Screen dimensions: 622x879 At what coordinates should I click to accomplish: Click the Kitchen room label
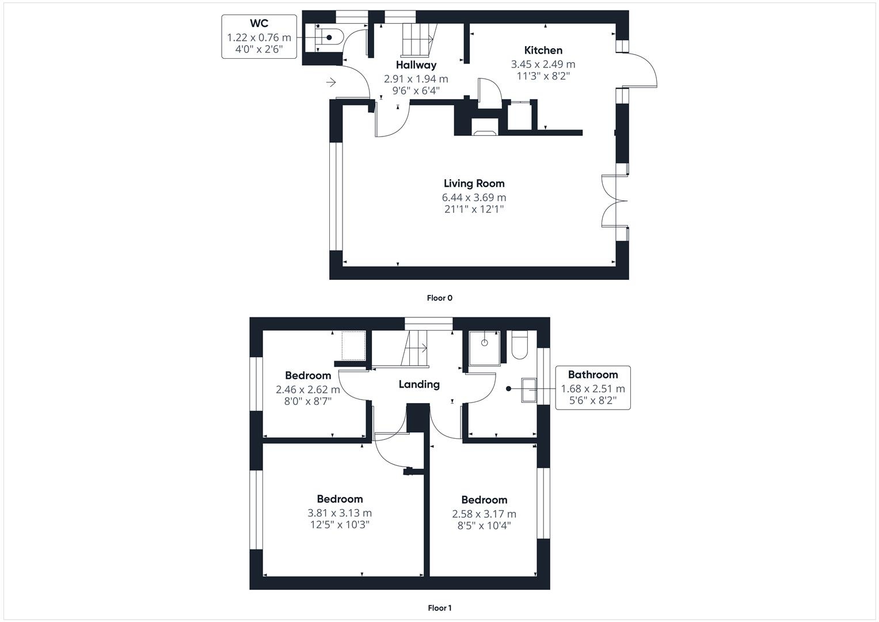point(543,50)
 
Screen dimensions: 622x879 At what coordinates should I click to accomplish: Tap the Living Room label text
point(474,184)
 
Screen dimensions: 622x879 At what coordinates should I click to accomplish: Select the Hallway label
point(416,65)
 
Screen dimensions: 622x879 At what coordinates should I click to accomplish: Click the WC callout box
point(259,37)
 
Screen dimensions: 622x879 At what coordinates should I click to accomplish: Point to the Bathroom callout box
point(592,388)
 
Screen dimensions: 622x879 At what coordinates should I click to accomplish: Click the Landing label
point(418,384)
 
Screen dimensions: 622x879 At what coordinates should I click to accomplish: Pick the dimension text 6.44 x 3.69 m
point(474,198)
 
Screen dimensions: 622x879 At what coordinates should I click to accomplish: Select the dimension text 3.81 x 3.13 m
point(340,513)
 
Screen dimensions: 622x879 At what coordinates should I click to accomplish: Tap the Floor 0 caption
point(439,298)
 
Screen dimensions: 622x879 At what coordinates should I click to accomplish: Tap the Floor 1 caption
point(439,608)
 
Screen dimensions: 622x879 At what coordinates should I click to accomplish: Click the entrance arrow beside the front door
point(331,83)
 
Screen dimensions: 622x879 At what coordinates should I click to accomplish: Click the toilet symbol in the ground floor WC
point(330,37)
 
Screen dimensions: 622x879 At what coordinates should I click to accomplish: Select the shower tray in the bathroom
point(484,348)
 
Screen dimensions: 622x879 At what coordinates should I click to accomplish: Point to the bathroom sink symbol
point(529,390)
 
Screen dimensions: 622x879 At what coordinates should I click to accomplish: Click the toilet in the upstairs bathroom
point(518,346)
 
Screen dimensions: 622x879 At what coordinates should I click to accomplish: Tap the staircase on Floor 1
point(416,348)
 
